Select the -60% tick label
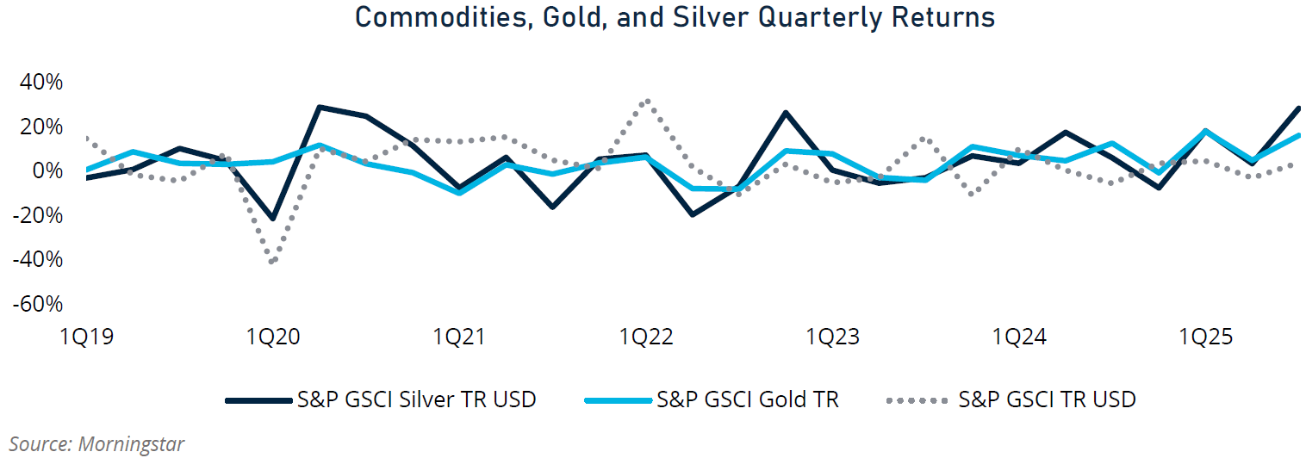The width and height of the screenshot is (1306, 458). coord(37,304)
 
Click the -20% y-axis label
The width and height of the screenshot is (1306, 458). coord(37,215)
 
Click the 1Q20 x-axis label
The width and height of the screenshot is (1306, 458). coord(273,337)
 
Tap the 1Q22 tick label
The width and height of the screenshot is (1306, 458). coord(645,337)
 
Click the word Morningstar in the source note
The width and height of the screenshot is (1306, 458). coord(131,444)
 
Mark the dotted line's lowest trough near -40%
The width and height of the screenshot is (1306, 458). coord(273,261)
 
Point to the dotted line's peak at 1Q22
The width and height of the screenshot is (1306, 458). coord(647,100)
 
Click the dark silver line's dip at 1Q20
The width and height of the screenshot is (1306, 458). coord(273,219)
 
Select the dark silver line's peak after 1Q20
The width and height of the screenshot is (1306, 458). coord(320,108)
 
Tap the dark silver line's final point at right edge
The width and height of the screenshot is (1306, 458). coord(1298,108)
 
